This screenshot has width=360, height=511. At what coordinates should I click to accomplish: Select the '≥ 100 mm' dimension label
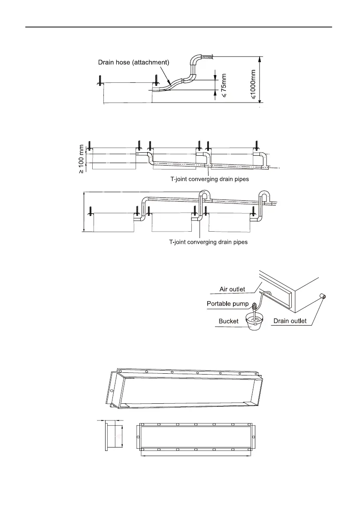[x=81, y=159]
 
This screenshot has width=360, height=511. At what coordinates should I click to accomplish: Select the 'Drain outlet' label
[x=290, y=321]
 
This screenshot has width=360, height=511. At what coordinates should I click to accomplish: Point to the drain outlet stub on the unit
[x=322, y=296]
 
